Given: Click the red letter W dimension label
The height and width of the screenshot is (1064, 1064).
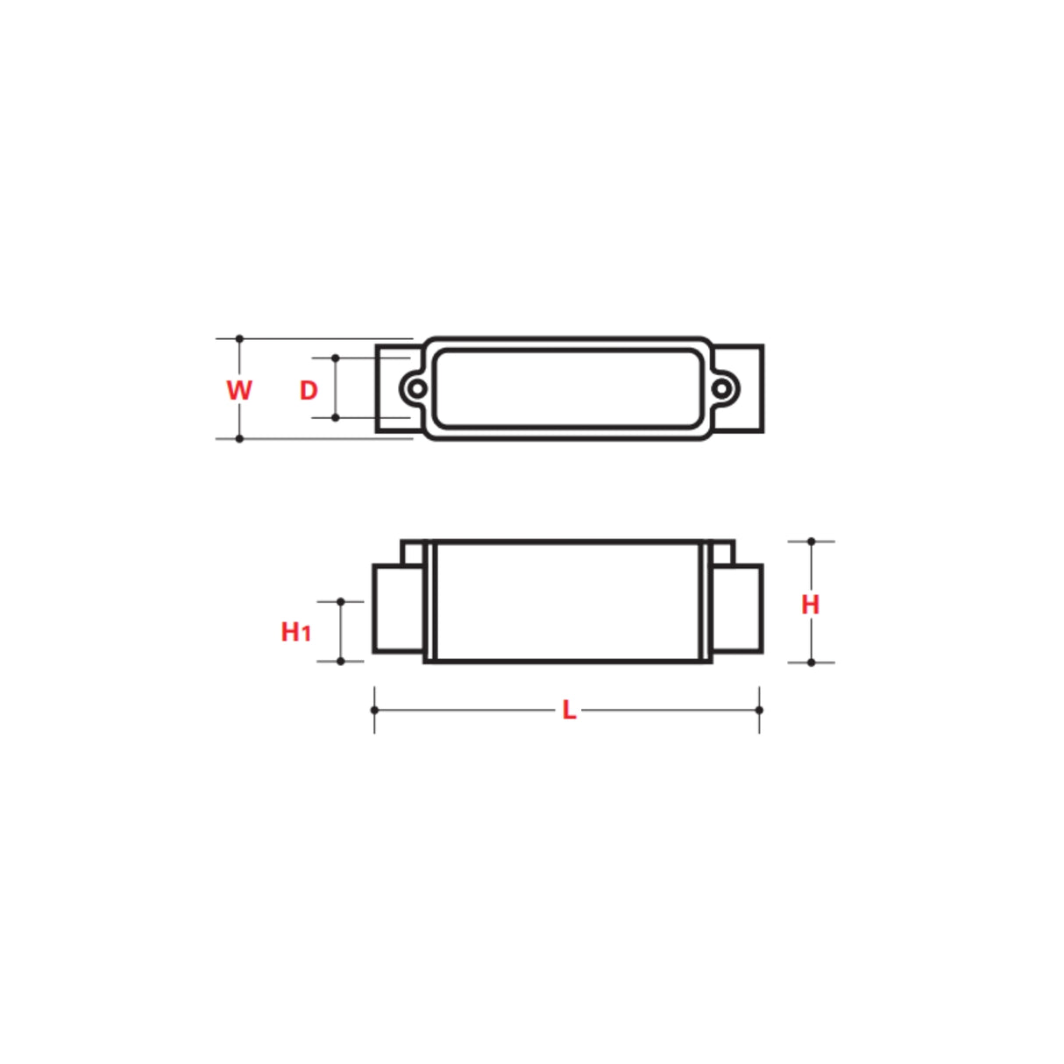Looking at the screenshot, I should point(238,390).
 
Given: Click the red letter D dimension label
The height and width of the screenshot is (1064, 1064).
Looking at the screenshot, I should point(309,391).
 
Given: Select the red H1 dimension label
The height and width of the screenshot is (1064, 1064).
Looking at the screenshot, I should point(295,631).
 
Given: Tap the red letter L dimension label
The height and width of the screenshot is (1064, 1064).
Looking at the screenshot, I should point(569,710).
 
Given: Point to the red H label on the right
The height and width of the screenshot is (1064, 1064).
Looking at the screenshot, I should point(811,604).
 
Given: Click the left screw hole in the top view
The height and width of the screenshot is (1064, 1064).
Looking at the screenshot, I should point(418,388).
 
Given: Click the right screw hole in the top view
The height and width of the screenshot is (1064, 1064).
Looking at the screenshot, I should point(720,388).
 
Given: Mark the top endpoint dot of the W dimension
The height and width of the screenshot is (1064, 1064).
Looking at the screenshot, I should point(239,338).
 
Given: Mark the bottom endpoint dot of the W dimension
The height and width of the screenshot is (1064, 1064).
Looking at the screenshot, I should point(239,438).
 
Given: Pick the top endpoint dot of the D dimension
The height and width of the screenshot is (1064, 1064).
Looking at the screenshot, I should point(336,358).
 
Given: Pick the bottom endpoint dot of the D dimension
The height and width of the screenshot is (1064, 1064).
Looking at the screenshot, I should point(336,418).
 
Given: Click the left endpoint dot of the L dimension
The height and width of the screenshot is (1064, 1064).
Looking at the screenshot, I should point(375,710).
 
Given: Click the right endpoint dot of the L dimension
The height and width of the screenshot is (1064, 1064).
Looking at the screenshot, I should point(759,710).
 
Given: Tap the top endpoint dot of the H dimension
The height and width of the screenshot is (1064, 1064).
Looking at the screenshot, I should point(812,542).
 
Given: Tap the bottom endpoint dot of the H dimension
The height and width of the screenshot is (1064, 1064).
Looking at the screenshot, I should point(812,663).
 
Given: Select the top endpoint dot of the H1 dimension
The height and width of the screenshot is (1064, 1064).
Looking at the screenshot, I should point(341,602).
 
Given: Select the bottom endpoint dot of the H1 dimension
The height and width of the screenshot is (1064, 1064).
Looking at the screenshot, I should point(341,661).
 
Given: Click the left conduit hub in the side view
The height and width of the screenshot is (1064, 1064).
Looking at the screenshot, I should point(399,609).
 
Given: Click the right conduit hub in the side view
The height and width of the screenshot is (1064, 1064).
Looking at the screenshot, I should point(737,609).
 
